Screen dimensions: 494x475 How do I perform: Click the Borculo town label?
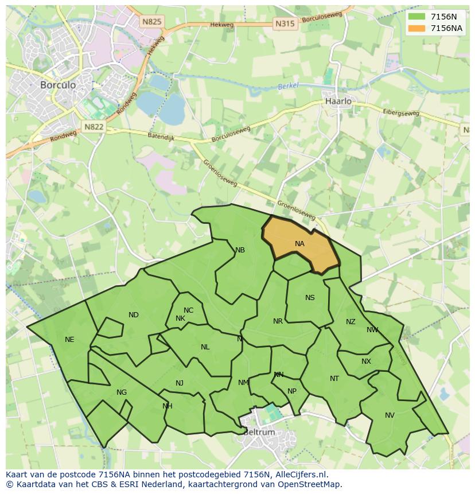point(58,84)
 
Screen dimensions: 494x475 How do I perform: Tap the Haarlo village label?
point(338,101)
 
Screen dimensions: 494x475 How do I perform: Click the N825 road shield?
point(152,21)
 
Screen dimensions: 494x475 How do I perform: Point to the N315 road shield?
point(285,24)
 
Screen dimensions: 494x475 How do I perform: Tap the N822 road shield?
point(93,127)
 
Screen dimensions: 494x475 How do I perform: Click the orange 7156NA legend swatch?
point(417,28)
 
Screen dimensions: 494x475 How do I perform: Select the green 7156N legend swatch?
point(417,17)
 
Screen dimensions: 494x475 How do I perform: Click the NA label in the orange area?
point(299,244)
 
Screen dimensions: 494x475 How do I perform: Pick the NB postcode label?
point(240,250)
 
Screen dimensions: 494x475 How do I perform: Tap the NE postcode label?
point(69,340)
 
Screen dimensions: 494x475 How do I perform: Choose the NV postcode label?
point(390,415)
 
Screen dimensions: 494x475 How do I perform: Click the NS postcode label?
point(310,298)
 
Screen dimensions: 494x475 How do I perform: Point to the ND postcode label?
point(134,315)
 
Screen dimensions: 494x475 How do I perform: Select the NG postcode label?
point(122,392)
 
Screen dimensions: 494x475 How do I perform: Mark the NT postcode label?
point(334,379)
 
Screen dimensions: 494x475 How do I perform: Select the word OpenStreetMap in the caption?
point(309,484)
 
